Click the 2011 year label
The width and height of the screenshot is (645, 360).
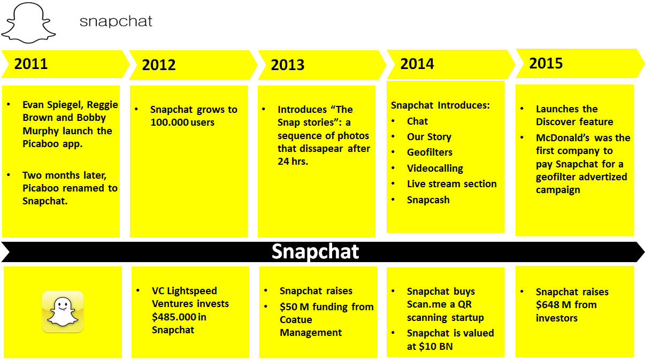click(31, 64)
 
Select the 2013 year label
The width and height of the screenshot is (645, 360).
click(288, 65)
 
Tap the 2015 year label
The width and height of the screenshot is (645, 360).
click(546, 63)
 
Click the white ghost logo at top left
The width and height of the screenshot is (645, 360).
click(29, 22)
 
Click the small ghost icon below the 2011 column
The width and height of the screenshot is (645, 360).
click(63, 312)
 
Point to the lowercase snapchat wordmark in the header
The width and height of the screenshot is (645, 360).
click(116, 21)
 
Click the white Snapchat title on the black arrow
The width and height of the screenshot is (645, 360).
click(315, 251)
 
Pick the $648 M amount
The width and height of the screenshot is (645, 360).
click(552, 305)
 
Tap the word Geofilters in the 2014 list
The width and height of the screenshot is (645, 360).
click(429, 152)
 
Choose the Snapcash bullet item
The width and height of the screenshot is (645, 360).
click(428, 200)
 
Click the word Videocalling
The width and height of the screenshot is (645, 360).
click(435, 168)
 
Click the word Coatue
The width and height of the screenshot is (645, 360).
click(296, 320)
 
